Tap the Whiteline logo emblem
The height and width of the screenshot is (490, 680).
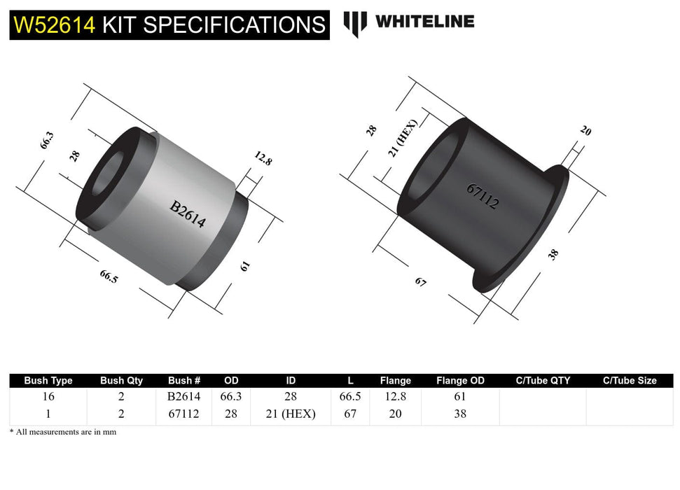pos(355,23)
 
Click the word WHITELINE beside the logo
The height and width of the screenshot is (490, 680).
pos(424,22)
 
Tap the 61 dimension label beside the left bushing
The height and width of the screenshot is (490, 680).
pos(246,266)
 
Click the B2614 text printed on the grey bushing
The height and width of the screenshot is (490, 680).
pos(188,214)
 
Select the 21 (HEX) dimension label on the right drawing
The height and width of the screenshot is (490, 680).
pos(403,137)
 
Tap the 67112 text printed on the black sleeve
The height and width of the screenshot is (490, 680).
pos(483,197)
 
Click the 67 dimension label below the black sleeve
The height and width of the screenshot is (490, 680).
pos(420,282)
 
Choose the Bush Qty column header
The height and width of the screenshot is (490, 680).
pos(121,381)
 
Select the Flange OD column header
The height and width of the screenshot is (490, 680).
pos(460,381)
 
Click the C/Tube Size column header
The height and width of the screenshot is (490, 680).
pos(630,381)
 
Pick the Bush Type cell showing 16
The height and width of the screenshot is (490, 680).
pos(48,396)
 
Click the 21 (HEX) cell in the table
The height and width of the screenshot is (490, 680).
pos(291,414)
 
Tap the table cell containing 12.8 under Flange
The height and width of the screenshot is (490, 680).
pos(395,396)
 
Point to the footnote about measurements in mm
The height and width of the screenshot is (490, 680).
pos(63,432)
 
